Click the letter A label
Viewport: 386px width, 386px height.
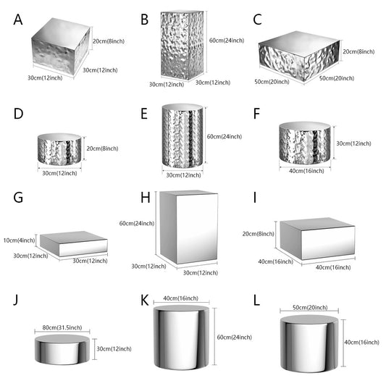click(x=18, y=20)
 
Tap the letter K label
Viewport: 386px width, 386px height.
click(x=145, y=301)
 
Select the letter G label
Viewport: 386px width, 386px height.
click(x=18, y=198)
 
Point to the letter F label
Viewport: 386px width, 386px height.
click(x=256, y=114)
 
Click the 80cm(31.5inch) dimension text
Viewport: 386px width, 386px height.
click(x=62, y=327)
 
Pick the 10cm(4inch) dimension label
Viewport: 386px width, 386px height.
click(x=20, y=240)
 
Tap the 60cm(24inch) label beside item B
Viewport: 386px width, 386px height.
click(x=227, y=41)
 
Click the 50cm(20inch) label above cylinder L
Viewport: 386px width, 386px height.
click(x=310, y=308)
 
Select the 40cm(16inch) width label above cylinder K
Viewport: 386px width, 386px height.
click(x=181, y=298)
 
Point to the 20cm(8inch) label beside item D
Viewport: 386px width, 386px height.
click(x=102, y=148)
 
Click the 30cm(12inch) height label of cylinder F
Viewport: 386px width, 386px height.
click(x=353, y=143)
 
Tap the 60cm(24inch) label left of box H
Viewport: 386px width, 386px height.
click(x=137, y=223)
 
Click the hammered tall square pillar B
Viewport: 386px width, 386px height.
click(x=182, y=45)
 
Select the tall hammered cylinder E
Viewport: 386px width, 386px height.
click(x=182, y=135)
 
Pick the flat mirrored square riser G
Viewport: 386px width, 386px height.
click(x=74, y=244)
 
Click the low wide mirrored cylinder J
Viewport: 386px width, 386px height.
click(x=62, y=350)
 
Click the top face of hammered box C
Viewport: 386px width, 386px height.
click(x=299, y=44)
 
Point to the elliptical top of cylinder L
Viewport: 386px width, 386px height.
click(x=309, y=319)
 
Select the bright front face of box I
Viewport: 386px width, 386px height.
click(x=328, y=243)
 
